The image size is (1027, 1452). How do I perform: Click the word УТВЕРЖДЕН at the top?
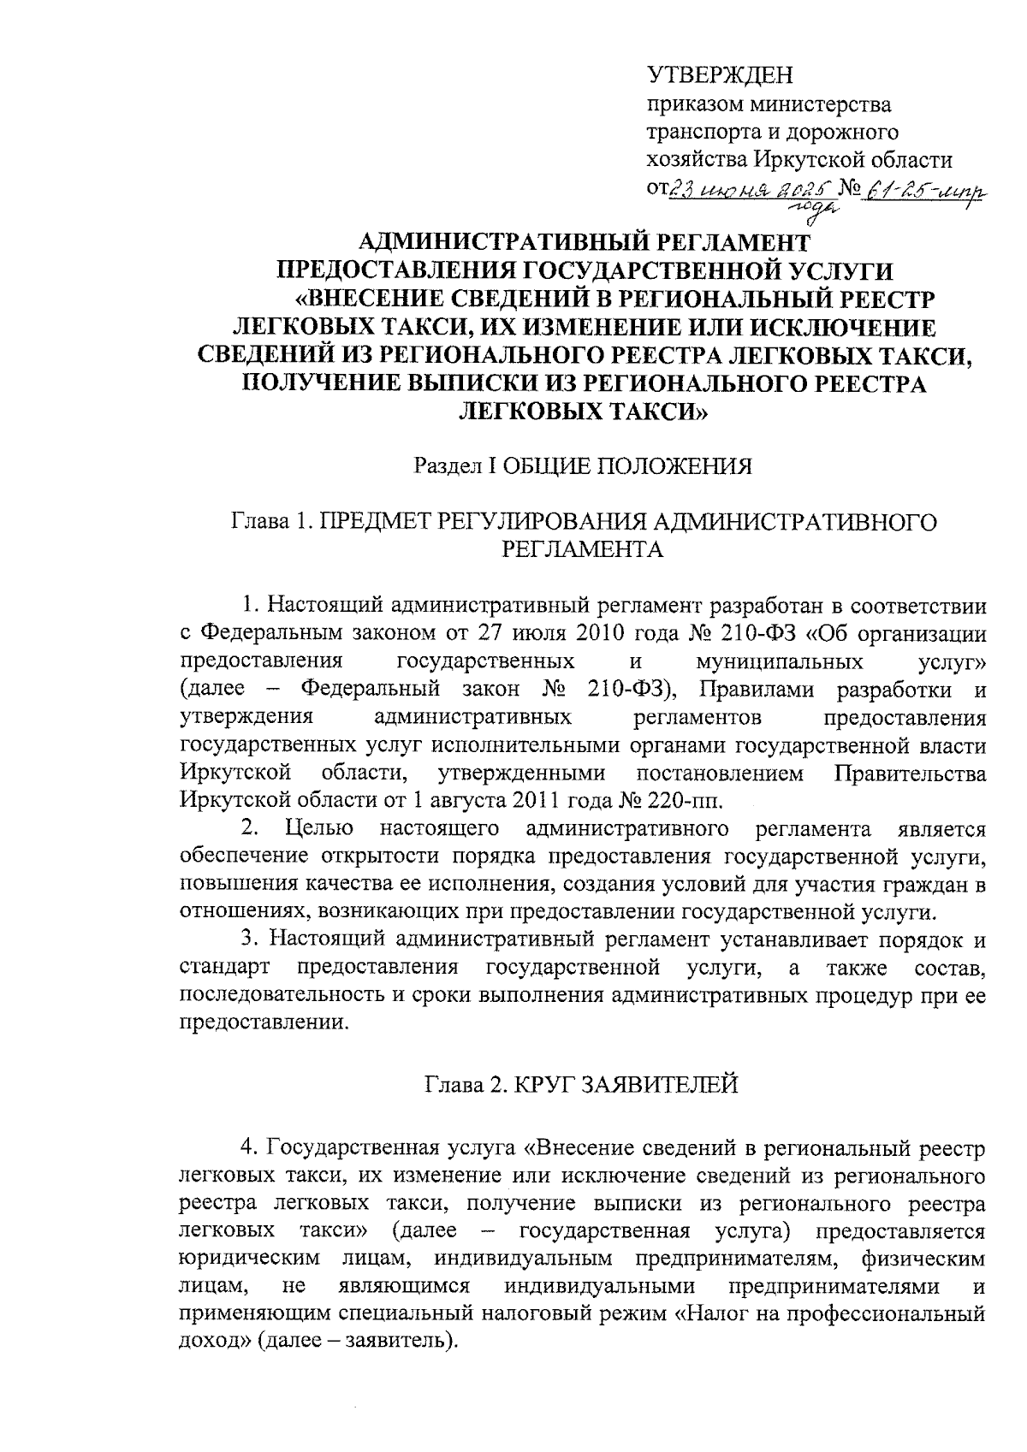[x=721, y=76]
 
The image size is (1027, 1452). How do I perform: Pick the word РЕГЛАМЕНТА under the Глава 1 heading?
[x=582, y=549]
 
